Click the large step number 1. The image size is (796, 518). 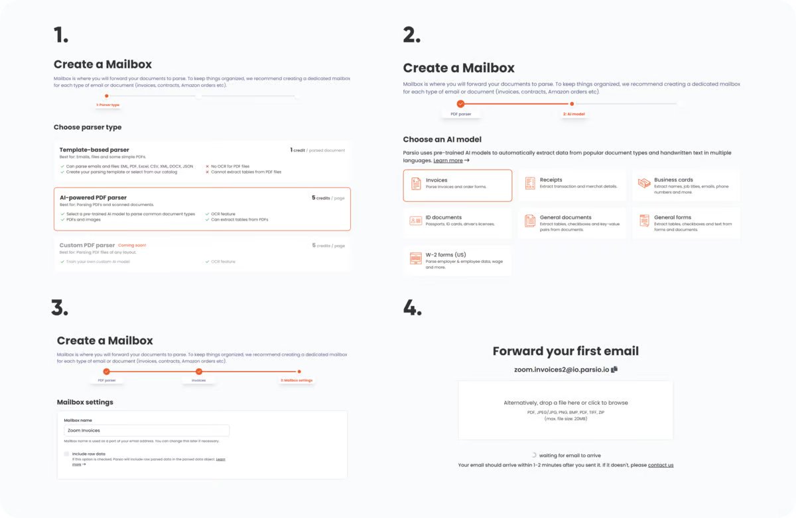point(61,34)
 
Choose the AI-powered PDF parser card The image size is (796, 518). point(202,209)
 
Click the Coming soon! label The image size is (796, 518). point(132,245)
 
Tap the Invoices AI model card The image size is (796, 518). point(457,185)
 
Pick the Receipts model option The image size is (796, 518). point(571,183)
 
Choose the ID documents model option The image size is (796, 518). point(457,221)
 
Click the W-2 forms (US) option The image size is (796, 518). point(457,259)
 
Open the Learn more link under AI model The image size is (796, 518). point(448,160)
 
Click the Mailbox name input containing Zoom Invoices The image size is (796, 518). point(146,431)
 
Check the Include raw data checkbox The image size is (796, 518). point(66,454)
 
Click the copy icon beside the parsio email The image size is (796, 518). point(614,369)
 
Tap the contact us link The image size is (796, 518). point(660,465)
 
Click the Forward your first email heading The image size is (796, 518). point(565,351)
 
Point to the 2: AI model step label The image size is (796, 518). point(573,114)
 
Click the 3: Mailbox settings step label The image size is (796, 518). point(297,380)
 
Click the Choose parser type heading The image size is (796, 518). point(88,127)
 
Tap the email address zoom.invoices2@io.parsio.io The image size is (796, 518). point(561,369)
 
